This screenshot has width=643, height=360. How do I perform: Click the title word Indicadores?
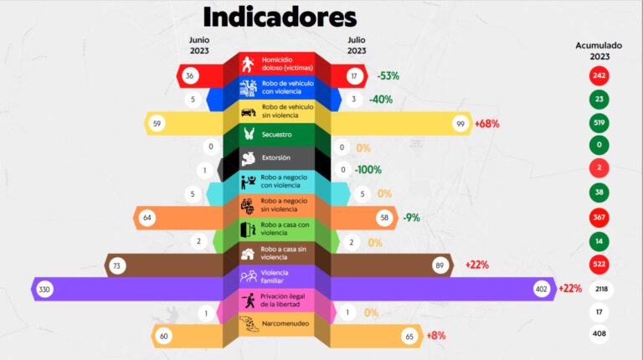coord(280,17)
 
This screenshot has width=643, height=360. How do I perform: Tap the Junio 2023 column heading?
coord(199,44)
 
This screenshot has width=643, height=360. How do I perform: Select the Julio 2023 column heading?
coord(357,44)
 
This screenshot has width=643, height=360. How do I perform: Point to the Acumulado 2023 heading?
coord(599,51)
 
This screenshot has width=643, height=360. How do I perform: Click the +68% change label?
coord(486,124)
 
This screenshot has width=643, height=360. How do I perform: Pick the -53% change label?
coord(388,75)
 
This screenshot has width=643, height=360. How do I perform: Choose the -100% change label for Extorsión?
coord(368,170)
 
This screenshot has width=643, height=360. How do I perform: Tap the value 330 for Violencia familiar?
coord(44,289)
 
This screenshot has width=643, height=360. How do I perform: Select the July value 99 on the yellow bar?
coord(459,124)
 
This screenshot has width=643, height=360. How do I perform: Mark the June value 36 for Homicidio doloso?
coord(189,75)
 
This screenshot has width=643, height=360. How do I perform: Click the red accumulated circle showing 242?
coord(599,75)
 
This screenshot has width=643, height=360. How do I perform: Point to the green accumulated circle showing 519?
coord(599,123)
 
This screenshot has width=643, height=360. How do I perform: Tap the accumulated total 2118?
coord(599,289)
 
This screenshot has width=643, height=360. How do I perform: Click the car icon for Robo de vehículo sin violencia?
coord(249,111)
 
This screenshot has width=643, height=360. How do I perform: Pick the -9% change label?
coord(410,218)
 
